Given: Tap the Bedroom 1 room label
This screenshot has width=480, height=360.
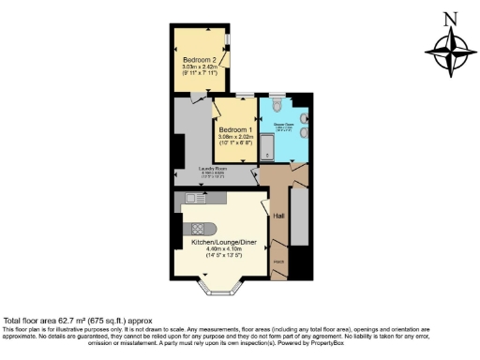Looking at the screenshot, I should (x=236, y=129).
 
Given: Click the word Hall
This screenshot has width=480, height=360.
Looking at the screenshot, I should (x=278, y=217).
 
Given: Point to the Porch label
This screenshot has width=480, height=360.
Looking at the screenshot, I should (x=278, y=261).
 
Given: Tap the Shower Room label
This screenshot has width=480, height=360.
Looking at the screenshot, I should (x=284, y=124).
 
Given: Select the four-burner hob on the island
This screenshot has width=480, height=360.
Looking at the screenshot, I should (x=199, y=229).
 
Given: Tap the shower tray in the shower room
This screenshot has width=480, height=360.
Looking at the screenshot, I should (x=267, y=145).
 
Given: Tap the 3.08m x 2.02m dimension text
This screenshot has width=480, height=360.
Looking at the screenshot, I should (x=236, y=137).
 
